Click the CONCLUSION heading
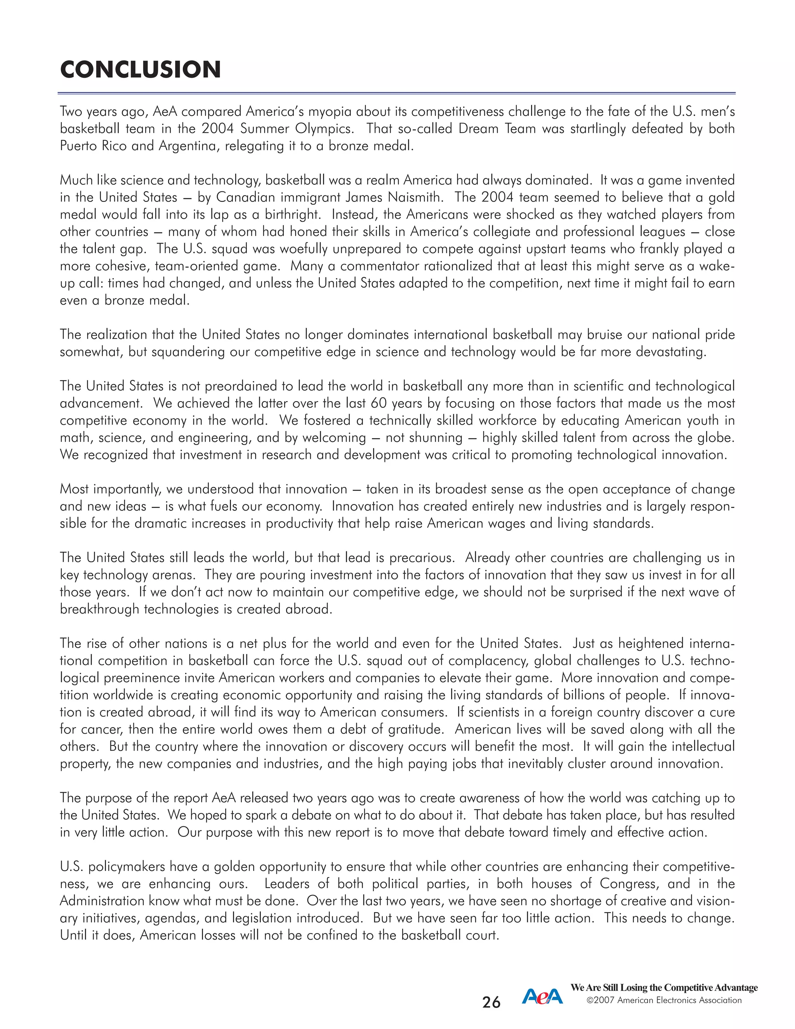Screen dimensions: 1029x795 141,70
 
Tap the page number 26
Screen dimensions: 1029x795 491,1002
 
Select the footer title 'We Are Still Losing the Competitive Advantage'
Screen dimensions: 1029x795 664,987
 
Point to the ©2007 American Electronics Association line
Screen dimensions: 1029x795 664,1000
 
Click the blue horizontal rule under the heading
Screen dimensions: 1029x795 397,93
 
